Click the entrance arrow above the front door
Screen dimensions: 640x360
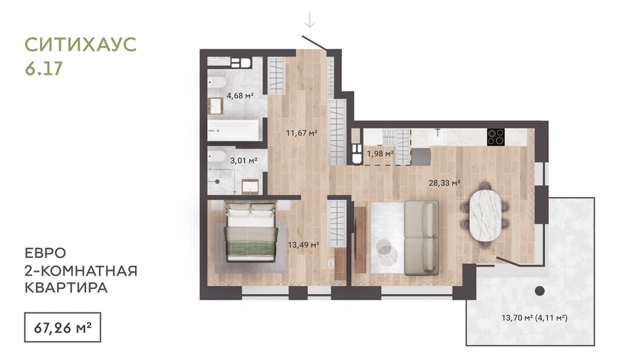[310, 20]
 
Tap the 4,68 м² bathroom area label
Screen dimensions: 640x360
[240, 96]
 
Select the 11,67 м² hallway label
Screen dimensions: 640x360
[301, 133]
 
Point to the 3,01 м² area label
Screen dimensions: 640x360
[244, 161]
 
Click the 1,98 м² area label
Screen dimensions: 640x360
[380, 154]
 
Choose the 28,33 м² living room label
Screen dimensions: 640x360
[445, 183]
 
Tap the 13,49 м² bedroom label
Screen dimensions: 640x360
[303, 245]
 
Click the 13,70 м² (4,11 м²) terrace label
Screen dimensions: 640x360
[534, 317]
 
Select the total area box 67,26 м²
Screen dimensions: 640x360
[62, 327]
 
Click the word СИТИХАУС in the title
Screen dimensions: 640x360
[80, 44]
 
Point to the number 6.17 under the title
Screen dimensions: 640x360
[44, 68]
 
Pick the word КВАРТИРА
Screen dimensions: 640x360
[66, 288]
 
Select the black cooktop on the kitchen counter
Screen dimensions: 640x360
[496, 137]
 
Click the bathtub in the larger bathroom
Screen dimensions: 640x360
[233, 130]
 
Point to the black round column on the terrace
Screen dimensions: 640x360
[539, 291]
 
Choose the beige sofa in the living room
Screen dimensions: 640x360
[422, 237]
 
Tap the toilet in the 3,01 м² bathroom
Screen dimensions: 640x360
[216, 156]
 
